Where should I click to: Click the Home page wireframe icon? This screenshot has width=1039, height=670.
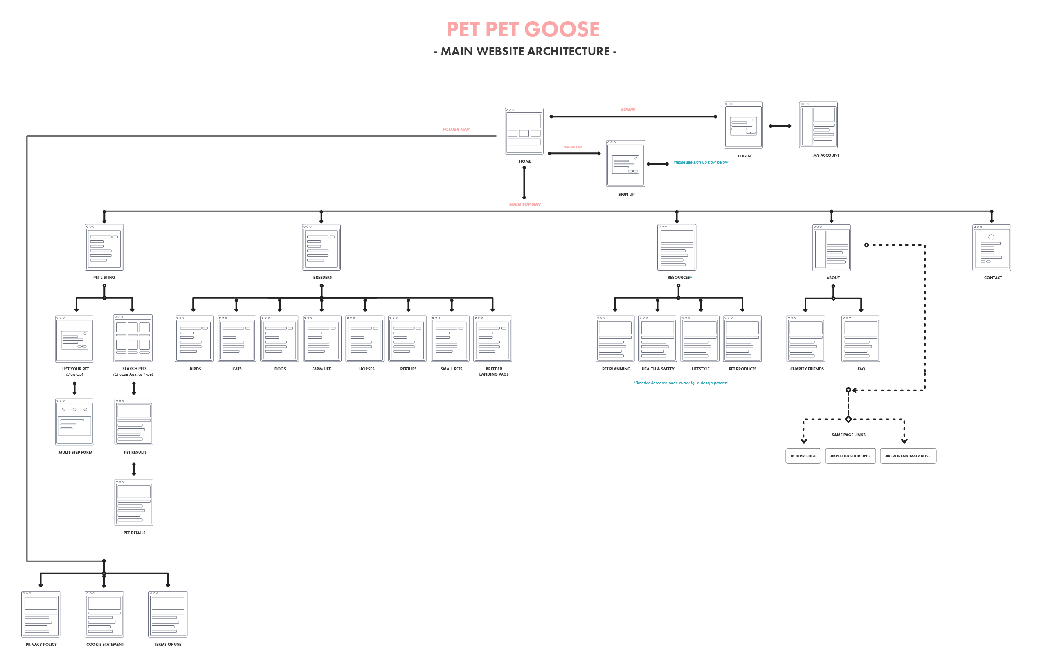pyautogui.click(x=524, y=130)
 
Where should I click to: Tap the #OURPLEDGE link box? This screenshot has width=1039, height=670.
pyautogui.click(x=803, y=456)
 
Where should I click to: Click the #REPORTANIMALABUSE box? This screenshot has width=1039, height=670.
pyautogui.click(x=908, y=456)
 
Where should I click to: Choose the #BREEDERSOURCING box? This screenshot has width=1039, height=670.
pyautogui.click(x=850, y=456)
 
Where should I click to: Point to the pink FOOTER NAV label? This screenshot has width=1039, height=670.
pyautogui.click(x=456, y=130)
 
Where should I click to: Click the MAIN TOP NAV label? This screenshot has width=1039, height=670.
pyautogui.click(x=525, y=204)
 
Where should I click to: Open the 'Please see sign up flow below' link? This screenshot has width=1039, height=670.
pyautogui.click(x=700, y=162)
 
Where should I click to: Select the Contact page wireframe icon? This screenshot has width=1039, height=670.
pyautogui.click(x=991, y=248)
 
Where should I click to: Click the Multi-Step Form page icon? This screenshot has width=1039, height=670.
pyautogui.click(x=74, y=421)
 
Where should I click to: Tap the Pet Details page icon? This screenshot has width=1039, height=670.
pyautogui.click(x=134, y=502)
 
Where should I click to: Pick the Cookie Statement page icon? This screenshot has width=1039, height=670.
pyautogui.click(x=104, y=614)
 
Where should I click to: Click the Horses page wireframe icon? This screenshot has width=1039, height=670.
pyautogui.click(x=365, y=338)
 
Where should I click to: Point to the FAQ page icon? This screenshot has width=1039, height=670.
pyautogui.click(x=861, y=338)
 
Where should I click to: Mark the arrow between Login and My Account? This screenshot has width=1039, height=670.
pyautogui.click(x=780, y=126)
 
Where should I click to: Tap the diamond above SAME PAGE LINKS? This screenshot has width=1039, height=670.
pyautogui.click(x=848, y=419)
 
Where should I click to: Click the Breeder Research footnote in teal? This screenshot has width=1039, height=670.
pyautogui.click(x=680, y=383)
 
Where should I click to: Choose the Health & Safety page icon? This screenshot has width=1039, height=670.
pyautogui.click(x=657, y=338)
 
